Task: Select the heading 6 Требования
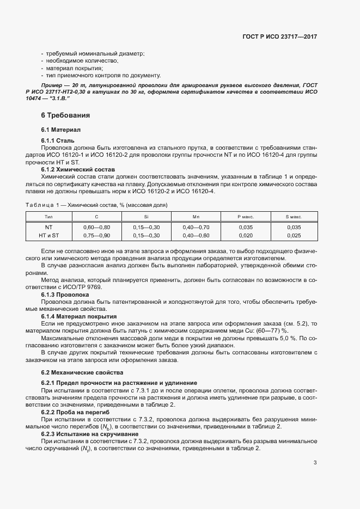pyautogui.click(x=65, y=116)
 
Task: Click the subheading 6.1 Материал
pyautogui.click(x=60, y=131)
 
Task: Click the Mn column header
pyautogui.click(x=196, y=217)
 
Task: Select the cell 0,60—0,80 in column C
pyautogui.click(x=97, y=227)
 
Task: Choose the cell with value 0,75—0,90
pyautogui.click(x=97, y=235)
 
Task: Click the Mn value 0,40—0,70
pyautogui.click(x=196, y=227)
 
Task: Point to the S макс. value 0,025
pyautogui.click(x=294, y=235)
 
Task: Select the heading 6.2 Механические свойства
pyautogui.click(x=82, y=372)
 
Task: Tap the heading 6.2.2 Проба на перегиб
pyautogui.click(x=76, y=413)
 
